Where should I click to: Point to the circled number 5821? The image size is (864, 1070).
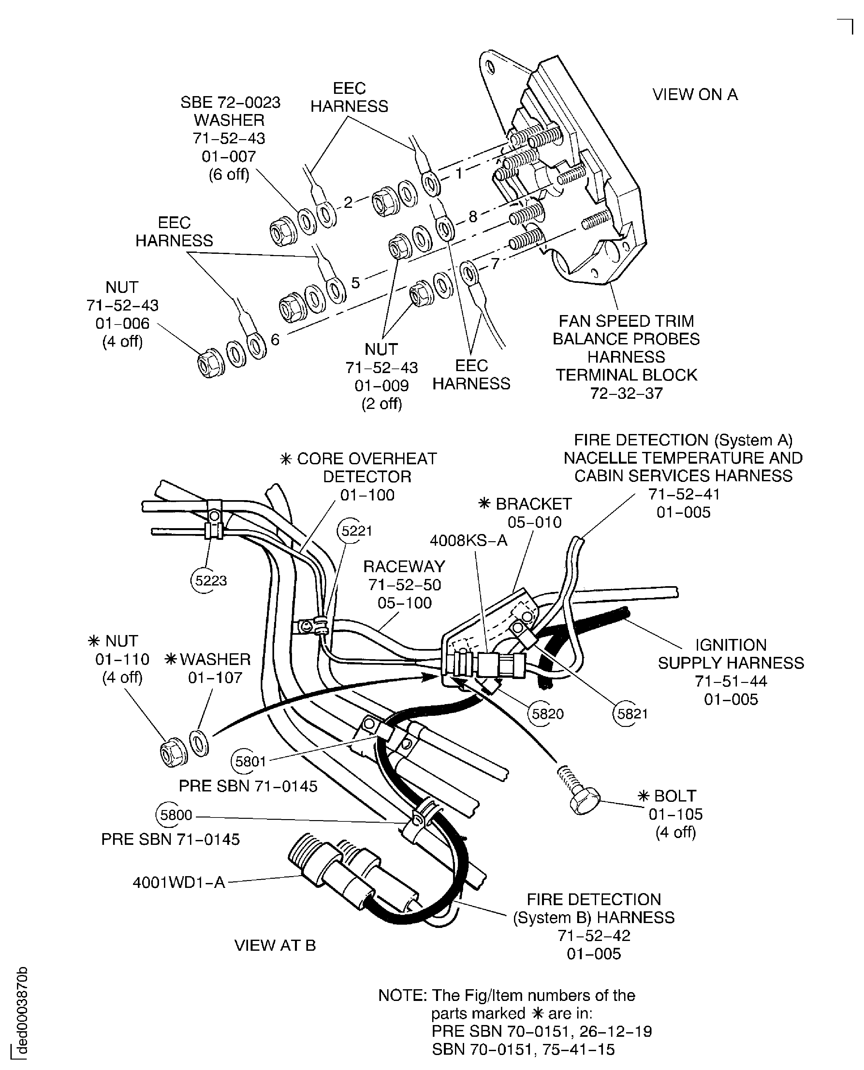631,714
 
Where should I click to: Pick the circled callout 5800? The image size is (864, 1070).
174,815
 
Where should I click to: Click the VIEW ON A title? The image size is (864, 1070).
695,94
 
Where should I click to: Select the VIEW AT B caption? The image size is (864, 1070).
275,945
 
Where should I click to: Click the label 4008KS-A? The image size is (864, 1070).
468,541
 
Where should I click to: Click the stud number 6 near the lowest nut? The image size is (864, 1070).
275,339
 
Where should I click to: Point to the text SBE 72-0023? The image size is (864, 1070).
230,103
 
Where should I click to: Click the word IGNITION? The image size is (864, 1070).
731,645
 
